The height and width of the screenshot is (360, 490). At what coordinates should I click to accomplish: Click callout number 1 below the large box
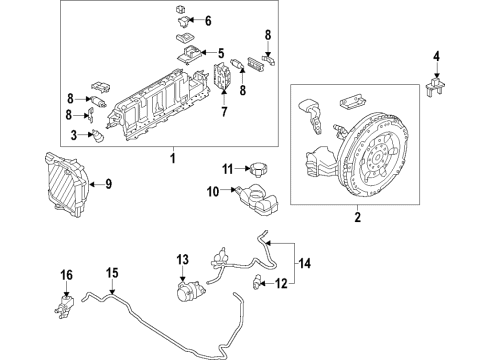click(172, 158)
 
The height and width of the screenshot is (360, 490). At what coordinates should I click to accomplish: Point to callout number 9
click(108, 183)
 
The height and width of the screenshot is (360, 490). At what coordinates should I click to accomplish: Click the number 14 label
click(305, 264)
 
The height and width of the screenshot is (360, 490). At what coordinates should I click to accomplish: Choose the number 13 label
click(182, 262)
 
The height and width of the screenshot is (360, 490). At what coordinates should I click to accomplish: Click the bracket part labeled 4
click(433, 88)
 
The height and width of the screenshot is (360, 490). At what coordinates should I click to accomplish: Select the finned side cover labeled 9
click(67, 187)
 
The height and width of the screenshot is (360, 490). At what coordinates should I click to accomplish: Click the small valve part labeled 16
click(67, 303)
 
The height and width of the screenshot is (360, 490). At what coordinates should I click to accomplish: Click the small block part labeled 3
click(99, 136)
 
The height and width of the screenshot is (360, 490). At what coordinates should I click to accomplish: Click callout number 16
click(67, 275)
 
